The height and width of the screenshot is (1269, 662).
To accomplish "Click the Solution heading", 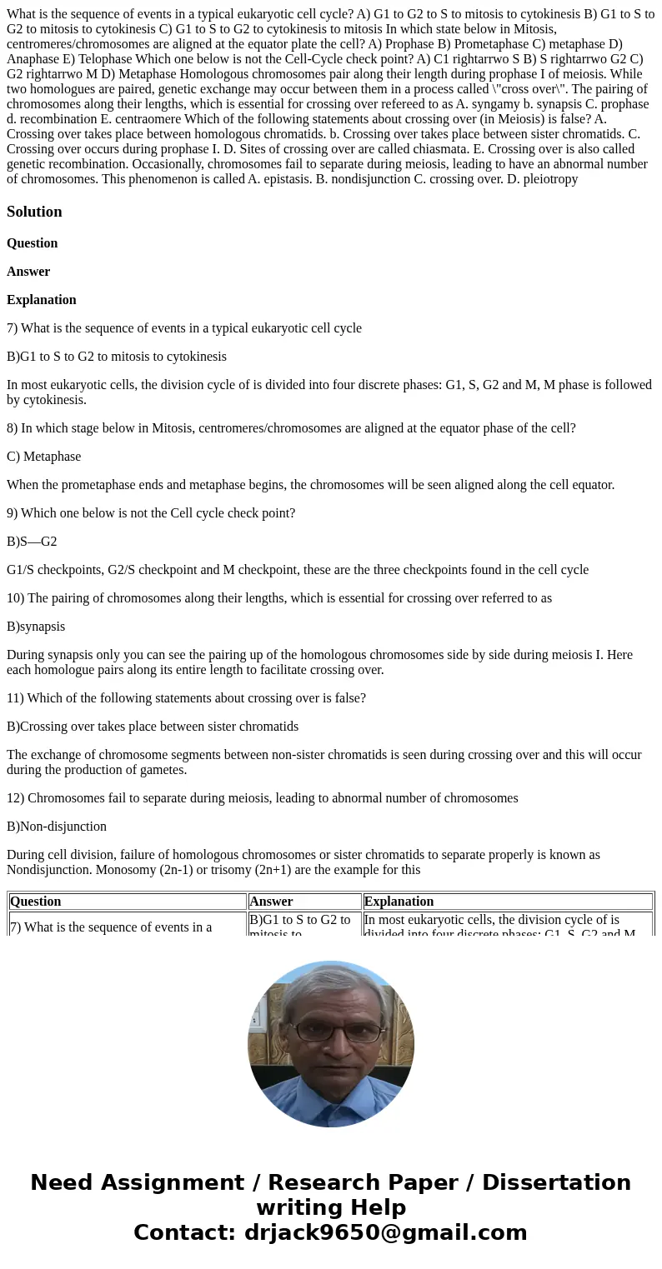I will coord(34,212).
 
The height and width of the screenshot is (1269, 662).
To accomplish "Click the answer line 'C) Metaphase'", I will coord(43,457).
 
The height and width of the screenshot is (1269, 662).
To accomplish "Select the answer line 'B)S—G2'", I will coord(32,542).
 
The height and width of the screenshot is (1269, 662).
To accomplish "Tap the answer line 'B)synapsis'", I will coord(36,627).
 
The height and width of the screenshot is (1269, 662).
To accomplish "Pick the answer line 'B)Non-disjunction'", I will coord(57,827).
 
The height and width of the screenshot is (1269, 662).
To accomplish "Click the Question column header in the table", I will coord(36,902).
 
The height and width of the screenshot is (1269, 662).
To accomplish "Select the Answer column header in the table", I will coord(271,902).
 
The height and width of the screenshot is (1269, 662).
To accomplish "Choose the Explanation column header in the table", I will coord(399,902).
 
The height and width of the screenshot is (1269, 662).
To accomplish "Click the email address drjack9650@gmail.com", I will coord(385,1233).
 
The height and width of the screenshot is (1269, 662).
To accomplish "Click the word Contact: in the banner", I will coord(184,1233).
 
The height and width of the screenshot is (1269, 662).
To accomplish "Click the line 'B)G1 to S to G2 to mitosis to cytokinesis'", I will coord(117,357).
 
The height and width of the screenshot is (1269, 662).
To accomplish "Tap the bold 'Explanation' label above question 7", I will coord(42,300).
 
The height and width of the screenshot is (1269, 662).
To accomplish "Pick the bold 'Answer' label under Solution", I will coord(28,272).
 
